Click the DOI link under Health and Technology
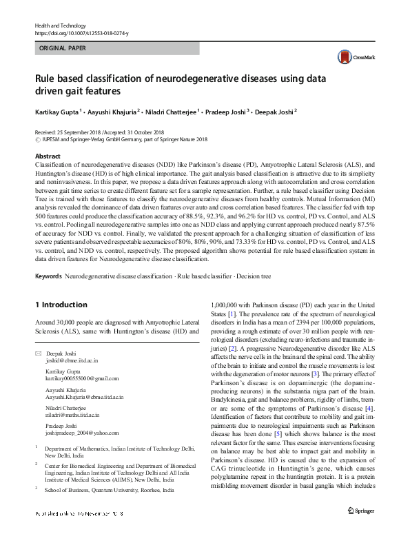[x=81, y=33]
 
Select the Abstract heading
[x=48, y=157]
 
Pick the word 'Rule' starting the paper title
[x=47, y=79]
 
